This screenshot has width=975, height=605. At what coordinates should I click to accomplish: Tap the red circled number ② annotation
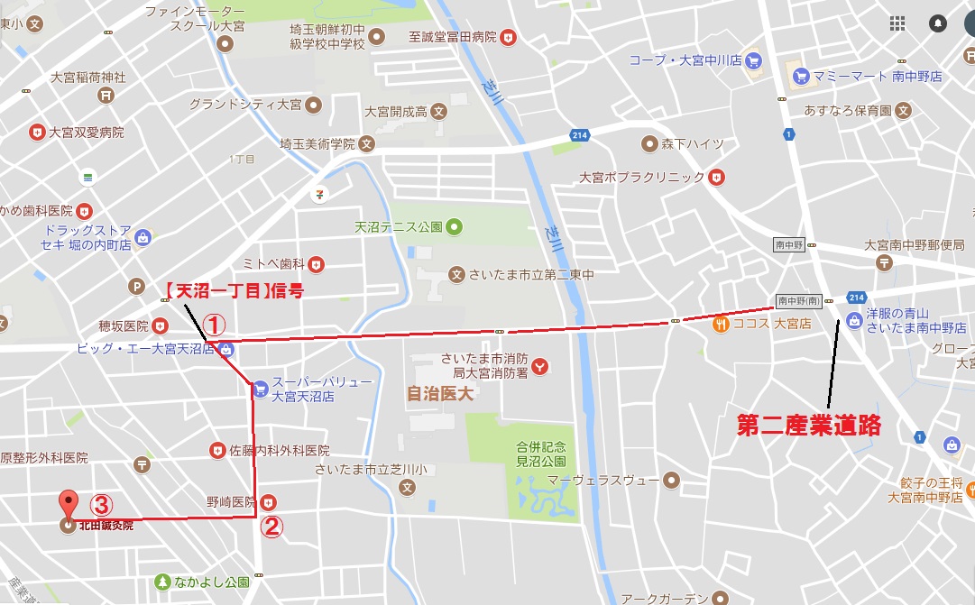(x=271, y=526)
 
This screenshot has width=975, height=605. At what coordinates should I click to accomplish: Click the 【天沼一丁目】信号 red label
(x=234, y=290)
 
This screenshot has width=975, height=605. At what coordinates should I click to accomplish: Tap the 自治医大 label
(x=440, y=393)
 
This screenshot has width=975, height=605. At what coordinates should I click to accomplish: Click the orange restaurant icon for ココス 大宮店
(x=720, y=323)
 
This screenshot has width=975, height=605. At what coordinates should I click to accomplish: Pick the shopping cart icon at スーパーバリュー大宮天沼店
(x=260, y=390)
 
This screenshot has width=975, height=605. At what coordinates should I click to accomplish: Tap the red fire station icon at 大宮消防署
(x=540, y=366)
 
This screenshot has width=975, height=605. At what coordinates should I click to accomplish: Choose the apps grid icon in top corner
(x=897, y=23)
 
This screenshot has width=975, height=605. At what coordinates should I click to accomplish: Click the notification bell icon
(x=938, y=23)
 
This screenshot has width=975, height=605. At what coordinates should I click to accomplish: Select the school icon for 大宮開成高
(x=438, y=113)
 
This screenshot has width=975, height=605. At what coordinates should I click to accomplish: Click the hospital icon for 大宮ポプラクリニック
(x=716, y=177)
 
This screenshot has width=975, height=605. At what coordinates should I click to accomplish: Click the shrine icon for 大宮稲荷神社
(x=106, y=95)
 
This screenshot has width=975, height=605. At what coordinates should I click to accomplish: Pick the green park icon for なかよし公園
(x=162, y=582)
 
